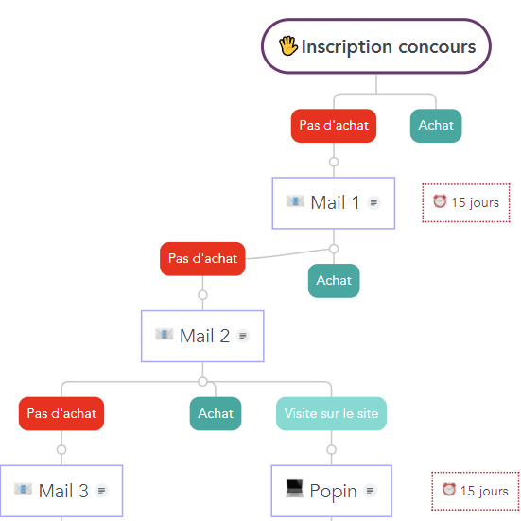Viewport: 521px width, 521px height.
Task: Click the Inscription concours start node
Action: [x=375, y=45]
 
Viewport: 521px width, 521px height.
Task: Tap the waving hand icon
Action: [x=287, y=45]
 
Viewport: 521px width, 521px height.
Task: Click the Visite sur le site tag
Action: [x=331, y=413]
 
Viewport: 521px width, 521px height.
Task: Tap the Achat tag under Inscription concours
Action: [x=436, y=126]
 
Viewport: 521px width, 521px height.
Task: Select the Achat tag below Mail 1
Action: [x=334, y=281]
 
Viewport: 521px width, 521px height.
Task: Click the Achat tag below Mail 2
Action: [x=216, y=413]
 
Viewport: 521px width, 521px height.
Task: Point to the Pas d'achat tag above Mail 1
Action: [x=334, y=126]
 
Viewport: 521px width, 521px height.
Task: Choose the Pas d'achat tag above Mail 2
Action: [x=202, y=259]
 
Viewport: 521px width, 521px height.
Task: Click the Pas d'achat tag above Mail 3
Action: [x=61, y=413]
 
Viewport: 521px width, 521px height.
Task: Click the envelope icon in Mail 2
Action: [x=165, y=334]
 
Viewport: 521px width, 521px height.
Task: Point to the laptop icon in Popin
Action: [x=294, y=489]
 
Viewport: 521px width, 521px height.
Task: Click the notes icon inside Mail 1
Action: [x=373, y=202]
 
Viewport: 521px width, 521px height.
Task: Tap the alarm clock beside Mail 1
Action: [x=440, y=201]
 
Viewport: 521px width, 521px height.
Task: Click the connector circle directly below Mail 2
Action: [x=202, y=382]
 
